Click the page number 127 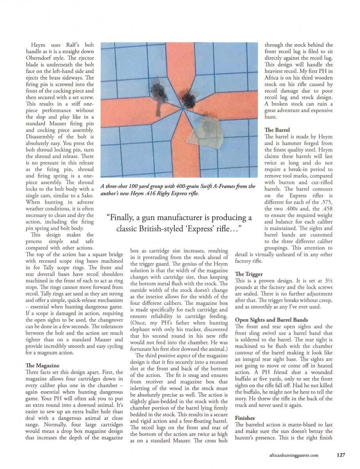pyautogui.click(x=340, y=455)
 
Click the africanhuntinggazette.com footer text pyautogui.click(x=294, y=455)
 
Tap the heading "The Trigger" pyautogui.click(x=249, y=274)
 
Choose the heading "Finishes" pyautogui.click(x=245, y=418)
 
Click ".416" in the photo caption pyautogui.click(x=152, y=193)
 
